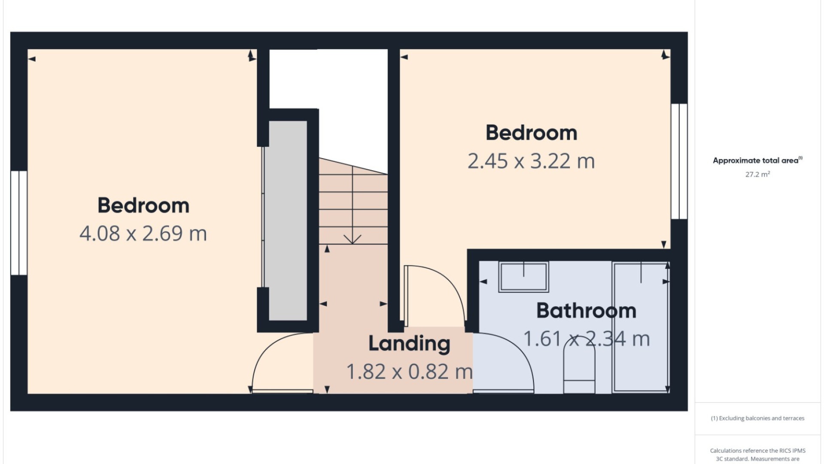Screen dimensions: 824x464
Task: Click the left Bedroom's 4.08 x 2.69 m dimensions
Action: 143,233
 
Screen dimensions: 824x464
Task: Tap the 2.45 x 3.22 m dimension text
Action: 531,161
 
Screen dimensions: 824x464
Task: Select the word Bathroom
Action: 586,311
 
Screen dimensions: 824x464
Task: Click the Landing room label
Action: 409,344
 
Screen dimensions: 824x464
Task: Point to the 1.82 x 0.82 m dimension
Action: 409,372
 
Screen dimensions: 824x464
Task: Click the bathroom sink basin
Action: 524,277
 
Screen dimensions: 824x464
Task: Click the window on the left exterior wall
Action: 19,223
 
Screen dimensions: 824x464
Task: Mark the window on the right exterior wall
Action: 679,161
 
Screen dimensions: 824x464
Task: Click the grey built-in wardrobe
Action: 288,220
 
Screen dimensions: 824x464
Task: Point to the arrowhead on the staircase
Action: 352,239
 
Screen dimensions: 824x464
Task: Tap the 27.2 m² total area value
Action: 757,174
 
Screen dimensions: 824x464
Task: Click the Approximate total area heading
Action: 757,160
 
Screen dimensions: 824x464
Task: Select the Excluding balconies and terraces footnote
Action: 757,418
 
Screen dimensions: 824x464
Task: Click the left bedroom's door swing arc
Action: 275,344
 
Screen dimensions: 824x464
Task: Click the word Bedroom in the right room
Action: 531,133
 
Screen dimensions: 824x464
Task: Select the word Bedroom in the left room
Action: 143,205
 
